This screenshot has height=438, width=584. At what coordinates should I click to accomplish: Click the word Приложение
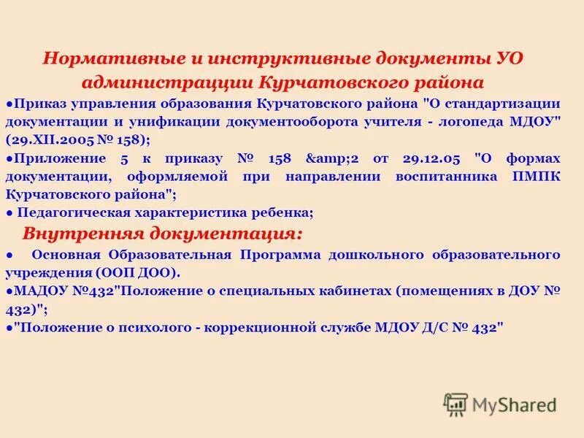(x=52, y=158)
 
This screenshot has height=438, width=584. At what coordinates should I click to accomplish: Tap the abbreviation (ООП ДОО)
(x=136, y=272)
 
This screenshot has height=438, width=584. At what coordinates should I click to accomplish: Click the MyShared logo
(x=501, y=403)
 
